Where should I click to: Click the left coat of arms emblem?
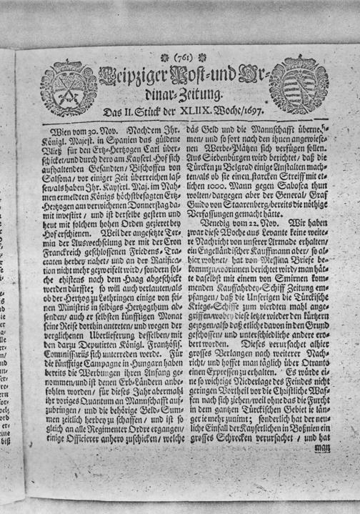tap(69, 87)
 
